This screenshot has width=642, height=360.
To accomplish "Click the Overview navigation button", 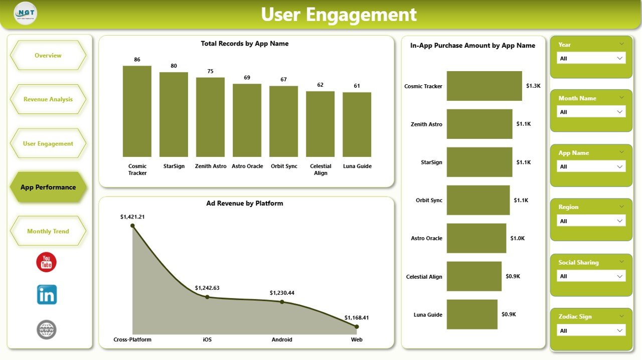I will tap(48, 56).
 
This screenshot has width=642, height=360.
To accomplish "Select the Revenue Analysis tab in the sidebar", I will tap(48, 99).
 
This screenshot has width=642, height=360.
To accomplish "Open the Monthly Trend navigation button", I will tap(48, 231).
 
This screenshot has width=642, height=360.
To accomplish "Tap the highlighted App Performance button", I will tap(48, 188).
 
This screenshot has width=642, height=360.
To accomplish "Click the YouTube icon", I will tap(47, 262).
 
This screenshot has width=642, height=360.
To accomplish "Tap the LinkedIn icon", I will tap(47, 295).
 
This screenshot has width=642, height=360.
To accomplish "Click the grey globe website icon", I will tap(47, 329).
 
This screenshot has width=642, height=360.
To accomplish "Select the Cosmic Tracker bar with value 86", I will tap(137, 111).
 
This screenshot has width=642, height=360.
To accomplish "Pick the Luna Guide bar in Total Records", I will tap(357, 124).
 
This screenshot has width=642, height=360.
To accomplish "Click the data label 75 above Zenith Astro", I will tap(210, 71).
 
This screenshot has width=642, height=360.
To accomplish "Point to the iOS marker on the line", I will tap(207, 297).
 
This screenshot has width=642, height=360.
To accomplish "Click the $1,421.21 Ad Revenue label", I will tap(132, 217).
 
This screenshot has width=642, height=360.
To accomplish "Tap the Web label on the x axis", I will tap(356, 339).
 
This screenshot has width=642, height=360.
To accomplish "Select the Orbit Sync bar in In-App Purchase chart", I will tap(478, 200).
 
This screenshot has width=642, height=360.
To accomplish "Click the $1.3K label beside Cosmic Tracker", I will tap(533, 86).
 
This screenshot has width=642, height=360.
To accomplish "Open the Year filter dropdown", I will tap(591, 58).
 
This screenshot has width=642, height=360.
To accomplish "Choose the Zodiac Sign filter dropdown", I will tap(591, 330).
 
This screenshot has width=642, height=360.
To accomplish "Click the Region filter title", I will tap(568, 207).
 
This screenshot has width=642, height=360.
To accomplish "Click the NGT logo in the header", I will tap(25, 13).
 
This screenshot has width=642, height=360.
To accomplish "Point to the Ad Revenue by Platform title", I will tap(245, 204).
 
